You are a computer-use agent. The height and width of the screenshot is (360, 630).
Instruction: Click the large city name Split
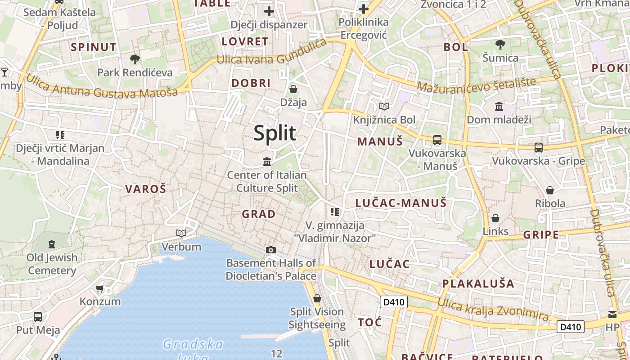pyautogui.click(x=275, y=133)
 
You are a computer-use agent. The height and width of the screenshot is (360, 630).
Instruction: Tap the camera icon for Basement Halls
pyautogui.click(x=271, y=250)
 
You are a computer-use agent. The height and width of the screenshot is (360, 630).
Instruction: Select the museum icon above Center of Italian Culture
pyautogui.click(x=267, y=162)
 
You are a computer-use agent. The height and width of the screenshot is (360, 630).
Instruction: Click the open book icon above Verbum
pyautogui.click(x=181, y=233)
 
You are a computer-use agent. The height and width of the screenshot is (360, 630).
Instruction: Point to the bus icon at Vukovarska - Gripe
pyautogui.click(x=539, y=147)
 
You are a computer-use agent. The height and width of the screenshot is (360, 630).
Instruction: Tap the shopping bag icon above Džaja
pyautogui.click(x=293, y=89)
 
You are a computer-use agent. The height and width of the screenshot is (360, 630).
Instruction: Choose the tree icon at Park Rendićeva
pyautogui.click(x=135, y=59)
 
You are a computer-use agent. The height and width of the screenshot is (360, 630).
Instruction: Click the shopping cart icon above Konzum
pyautogui.click(x=100, y=288)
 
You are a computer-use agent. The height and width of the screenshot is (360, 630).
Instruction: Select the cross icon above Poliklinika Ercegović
pyautogui.click(x=363, y=9)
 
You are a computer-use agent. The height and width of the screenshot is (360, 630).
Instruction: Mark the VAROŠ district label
pyautogui.click(x=145, y=189)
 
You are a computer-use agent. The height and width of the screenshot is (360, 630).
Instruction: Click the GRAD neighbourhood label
pyautogui.click(x=259, y=214)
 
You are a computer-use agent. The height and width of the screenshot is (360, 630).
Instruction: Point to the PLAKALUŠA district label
pyautogui.click(x=478, y=283)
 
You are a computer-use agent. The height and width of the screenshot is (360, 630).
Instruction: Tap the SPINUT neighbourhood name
pyautogui.click(x=94, y=47)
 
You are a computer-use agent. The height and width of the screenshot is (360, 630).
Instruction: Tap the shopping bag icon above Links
pyautogui.click(x=495, y=218)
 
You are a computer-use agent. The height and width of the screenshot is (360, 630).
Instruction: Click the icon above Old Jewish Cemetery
pyautogui.click(x=52, y=244)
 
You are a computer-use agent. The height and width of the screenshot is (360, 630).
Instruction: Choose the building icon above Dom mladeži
pyautogui.click(x=499, y=107)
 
